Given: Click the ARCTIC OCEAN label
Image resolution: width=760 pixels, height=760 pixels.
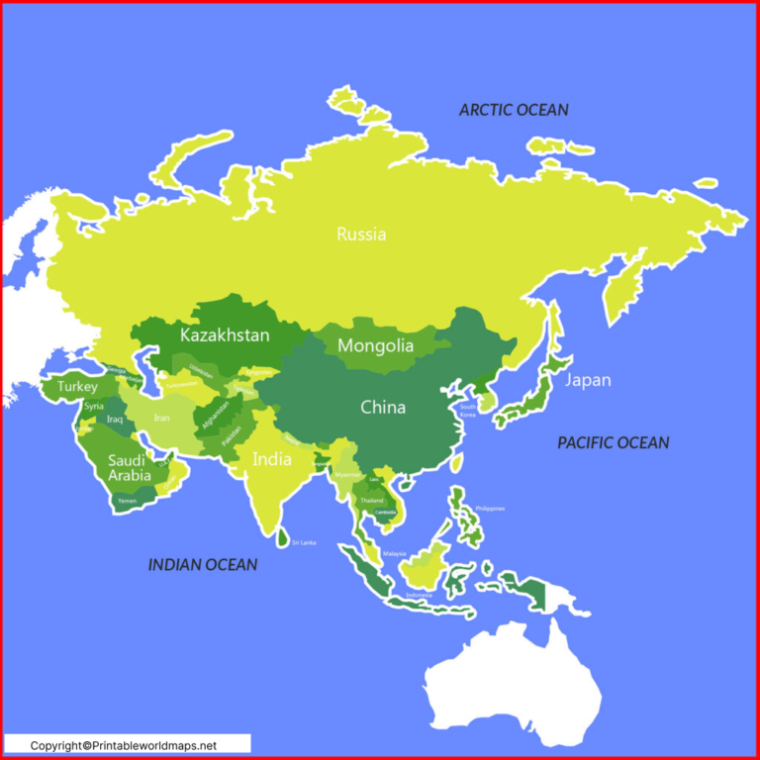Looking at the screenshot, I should click(514, 110).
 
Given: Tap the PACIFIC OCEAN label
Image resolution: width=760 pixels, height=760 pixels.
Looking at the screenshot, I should click(613, 442).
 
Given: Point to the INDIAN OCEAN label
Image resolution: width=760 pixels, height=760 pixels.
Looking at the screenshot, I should click(203, 565).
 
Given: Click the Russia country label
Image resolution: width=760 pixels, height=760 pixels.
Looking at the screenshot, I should click(361, 235).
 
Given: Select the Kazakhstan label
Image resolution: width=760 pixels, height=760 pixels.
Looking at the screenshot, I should click(225, 335).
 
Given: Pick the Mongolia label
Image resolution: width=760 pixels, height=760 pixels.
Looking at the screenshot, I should click(375, 346).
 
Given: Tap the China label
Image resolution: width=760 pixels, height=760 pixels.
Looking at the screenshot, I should click(382, 407).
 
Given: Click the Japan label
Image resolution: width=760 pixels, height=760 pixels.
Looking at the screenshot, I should click(588, 380).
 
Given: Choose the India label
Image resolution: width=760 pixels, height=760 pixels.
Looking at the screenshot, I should click(272, 459).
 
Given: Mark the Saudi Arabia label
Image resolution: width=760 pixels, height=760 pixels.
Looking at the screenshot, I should click(130, 468).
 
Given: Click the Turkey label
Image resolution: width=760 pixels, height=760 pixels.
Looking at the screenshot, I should click(77, 387).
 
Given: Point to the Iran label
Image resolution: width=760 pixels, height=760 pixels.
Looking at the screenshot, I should click(161, 418).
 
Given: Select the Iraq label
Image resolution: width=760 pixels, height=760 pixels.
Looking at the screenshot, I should click(114, 420).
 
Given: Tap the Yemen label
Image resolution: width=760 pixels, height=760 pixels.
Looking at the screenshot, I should click(128, 502).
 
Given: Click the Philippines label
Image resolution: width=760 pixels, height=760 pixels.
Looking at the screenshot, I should click(490, 509).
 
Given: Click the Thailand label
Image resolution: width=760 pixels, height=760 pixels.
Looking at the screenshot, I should click(371, 501).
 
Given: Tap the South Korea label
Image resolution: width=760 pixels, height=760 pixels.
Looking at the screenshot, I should click(468, 411).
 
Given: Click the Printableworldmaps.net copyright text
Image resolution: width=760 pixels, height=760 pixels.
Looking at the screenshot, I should click(123, 745).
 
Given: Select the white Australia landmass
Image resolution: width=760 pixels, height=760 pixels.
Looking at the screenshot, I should click(515, 683).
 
